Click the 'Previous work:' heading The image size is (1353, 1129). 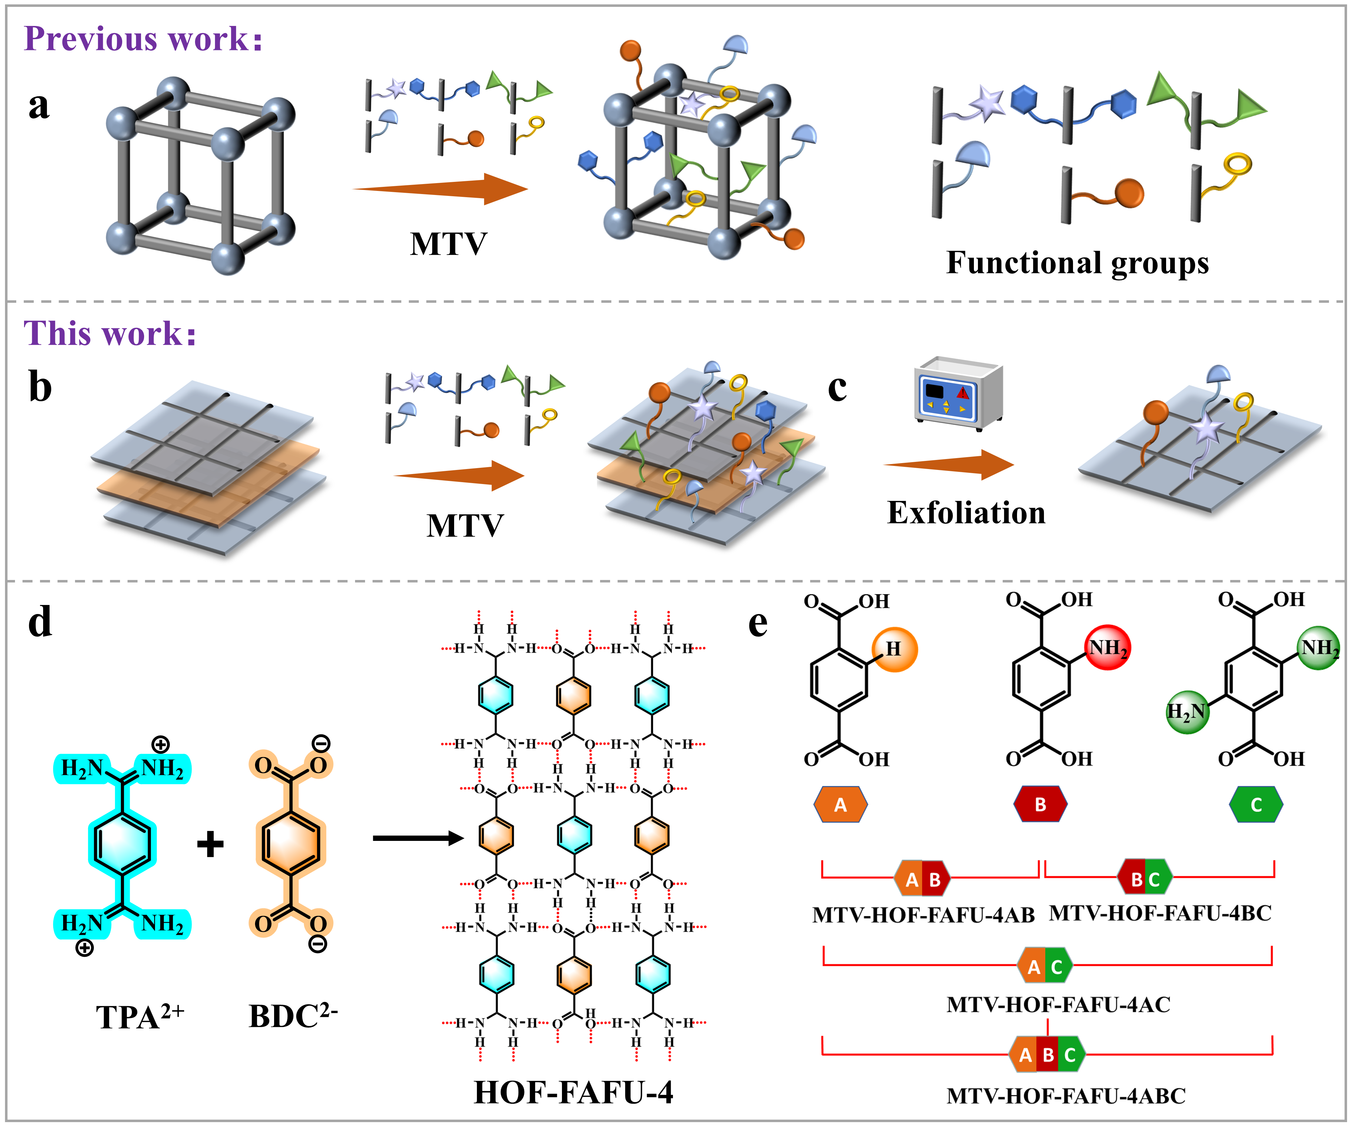(x=143, y=39)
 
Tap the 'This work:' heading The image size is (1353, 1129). (x=109, y=333)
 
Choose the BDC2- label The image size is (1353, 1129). (x=293, y=1016)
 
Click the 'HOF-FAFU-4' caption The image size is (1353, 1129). (x=574, y=1092)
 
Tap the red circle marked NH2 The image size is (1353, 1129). (x=1108, y=647)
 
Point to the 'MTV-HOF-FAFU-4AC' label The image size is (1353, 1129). (x=1059, y=1005)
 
